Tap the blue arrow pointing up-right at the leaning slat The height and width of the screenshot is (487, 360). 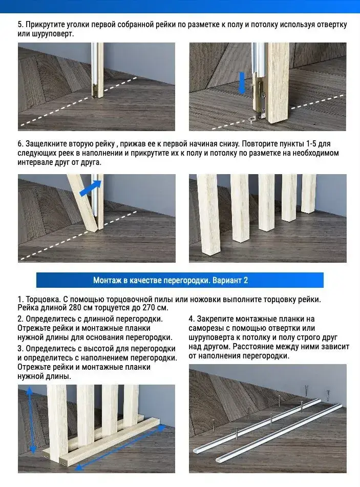(91, 188)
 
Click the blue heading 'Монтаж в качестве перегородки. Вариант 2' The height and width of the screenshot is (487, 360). (171, 281)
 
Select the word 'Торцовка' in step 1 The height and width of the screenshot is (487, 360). (43, 300)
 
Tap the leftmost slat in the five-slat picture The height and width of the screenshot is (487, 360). (209, 214)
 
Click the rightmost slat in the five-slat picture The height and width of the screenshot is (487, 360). (309, 194)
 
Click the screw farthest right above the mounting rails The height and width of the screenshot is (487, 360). (327, 395)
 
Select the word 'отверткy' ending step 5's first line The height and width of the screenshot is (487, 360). (332, 25)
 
